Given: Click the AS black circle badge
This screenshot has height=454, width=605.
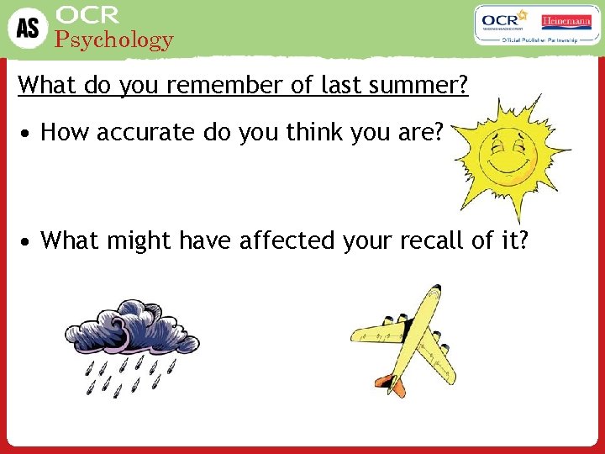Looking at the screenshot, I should pyautogui.click(x=27, y=28).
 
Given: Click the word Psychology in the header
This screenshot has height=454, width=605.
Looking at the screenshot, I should pyautogui.click(x=113, y=40).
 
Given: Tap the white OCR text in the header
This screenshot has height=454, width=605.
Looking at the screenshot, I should pyautogui.click(x=87, y=14).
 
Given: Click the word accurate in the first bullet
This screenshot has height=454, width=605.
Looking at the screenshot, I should pyautogui.click(x=144, y=132).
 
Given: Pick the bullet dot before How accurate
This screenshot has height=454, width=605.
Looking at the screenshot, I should pyautogui.click(x=28, y=133).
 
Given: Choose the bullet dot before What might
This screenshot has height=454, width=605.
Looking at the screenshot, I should pyautogui.click(x=28, y=242).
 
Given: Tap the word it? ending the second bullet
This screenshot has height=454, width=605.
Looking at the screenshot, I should pyautogui.click(x=514, y=240).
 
